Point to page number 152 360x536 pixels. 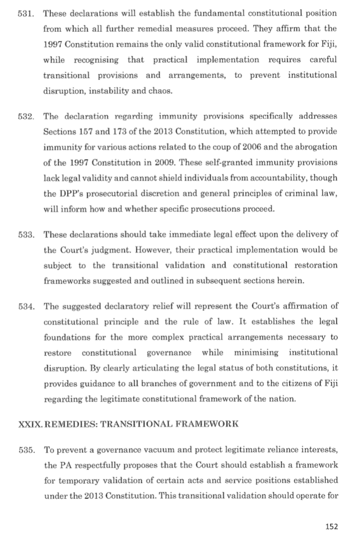[332, 526]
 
